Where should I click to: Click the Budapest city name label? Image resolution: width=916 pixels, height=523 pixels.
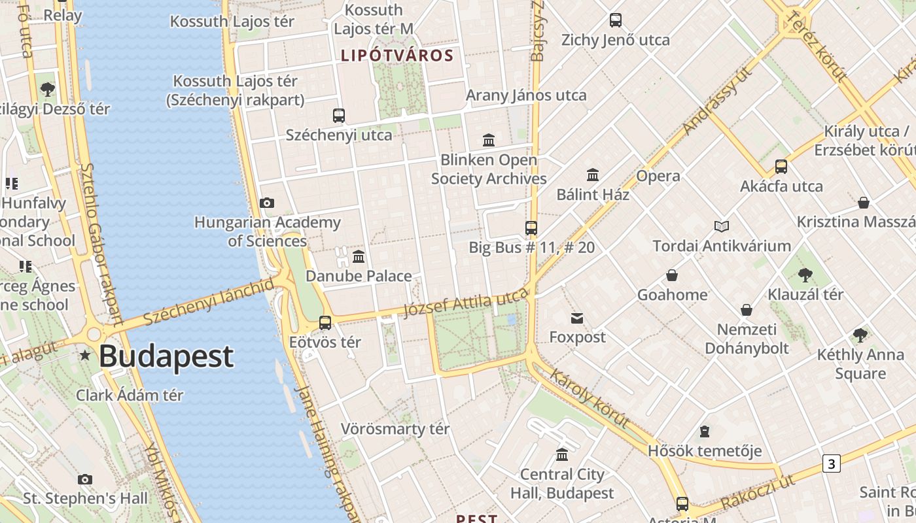click(166, 356)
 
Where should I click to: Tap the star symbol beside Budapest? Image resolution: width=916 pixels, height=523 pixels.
click(85, 356)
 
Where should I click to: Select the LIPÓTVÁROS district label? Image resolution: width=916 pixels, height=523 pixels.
click(397, 56)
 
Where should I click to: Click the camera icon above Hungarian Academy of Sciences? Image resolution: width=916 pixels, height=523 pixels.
click(267, 203)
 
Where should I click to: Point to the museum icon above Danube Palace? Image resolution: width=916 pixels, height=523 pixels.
click(359, 256)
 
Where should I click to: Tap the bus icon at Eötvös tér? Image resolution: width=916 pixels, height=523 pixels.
click(325, 322)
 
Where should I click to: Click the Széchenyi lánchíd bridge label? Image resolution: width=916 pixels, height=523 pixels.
click(208, 301)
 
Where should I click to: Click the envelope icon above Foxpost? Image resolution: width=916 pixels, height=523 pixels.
click(577, 318)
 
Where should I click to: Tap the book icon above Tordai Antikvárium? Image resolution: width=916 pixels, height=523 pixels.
click(722, 226)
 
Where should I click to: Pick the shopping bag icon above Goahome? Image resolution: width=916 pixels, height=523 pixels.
click(672, 275)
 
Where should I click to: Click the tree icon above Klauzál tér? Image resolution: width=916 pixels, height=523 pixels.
click(805, 275)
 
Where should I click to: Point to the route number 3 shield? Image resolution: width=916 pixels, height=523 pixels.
click(831, 464)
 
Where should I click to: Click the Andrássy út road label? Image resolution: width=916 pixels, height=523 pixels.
click(717, 100)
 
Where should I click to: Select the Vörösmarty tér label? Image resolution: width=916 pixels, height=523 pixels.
click(395, 430)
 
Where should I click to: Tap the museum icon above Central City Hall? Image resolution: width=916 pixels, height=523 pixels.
click(562, 454)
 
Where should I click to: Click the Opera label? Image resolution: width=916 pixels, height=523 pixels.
click(658, 176)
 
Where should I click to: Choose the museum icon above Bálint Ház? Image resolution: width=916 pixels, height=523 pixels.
click(593, 175)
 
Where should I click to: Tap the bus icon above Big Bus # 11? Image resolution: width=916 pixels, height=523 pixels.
click(531, 228)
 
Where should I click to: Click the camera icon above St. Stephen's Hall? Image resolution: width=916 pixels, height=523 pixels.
click(85, 479)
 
